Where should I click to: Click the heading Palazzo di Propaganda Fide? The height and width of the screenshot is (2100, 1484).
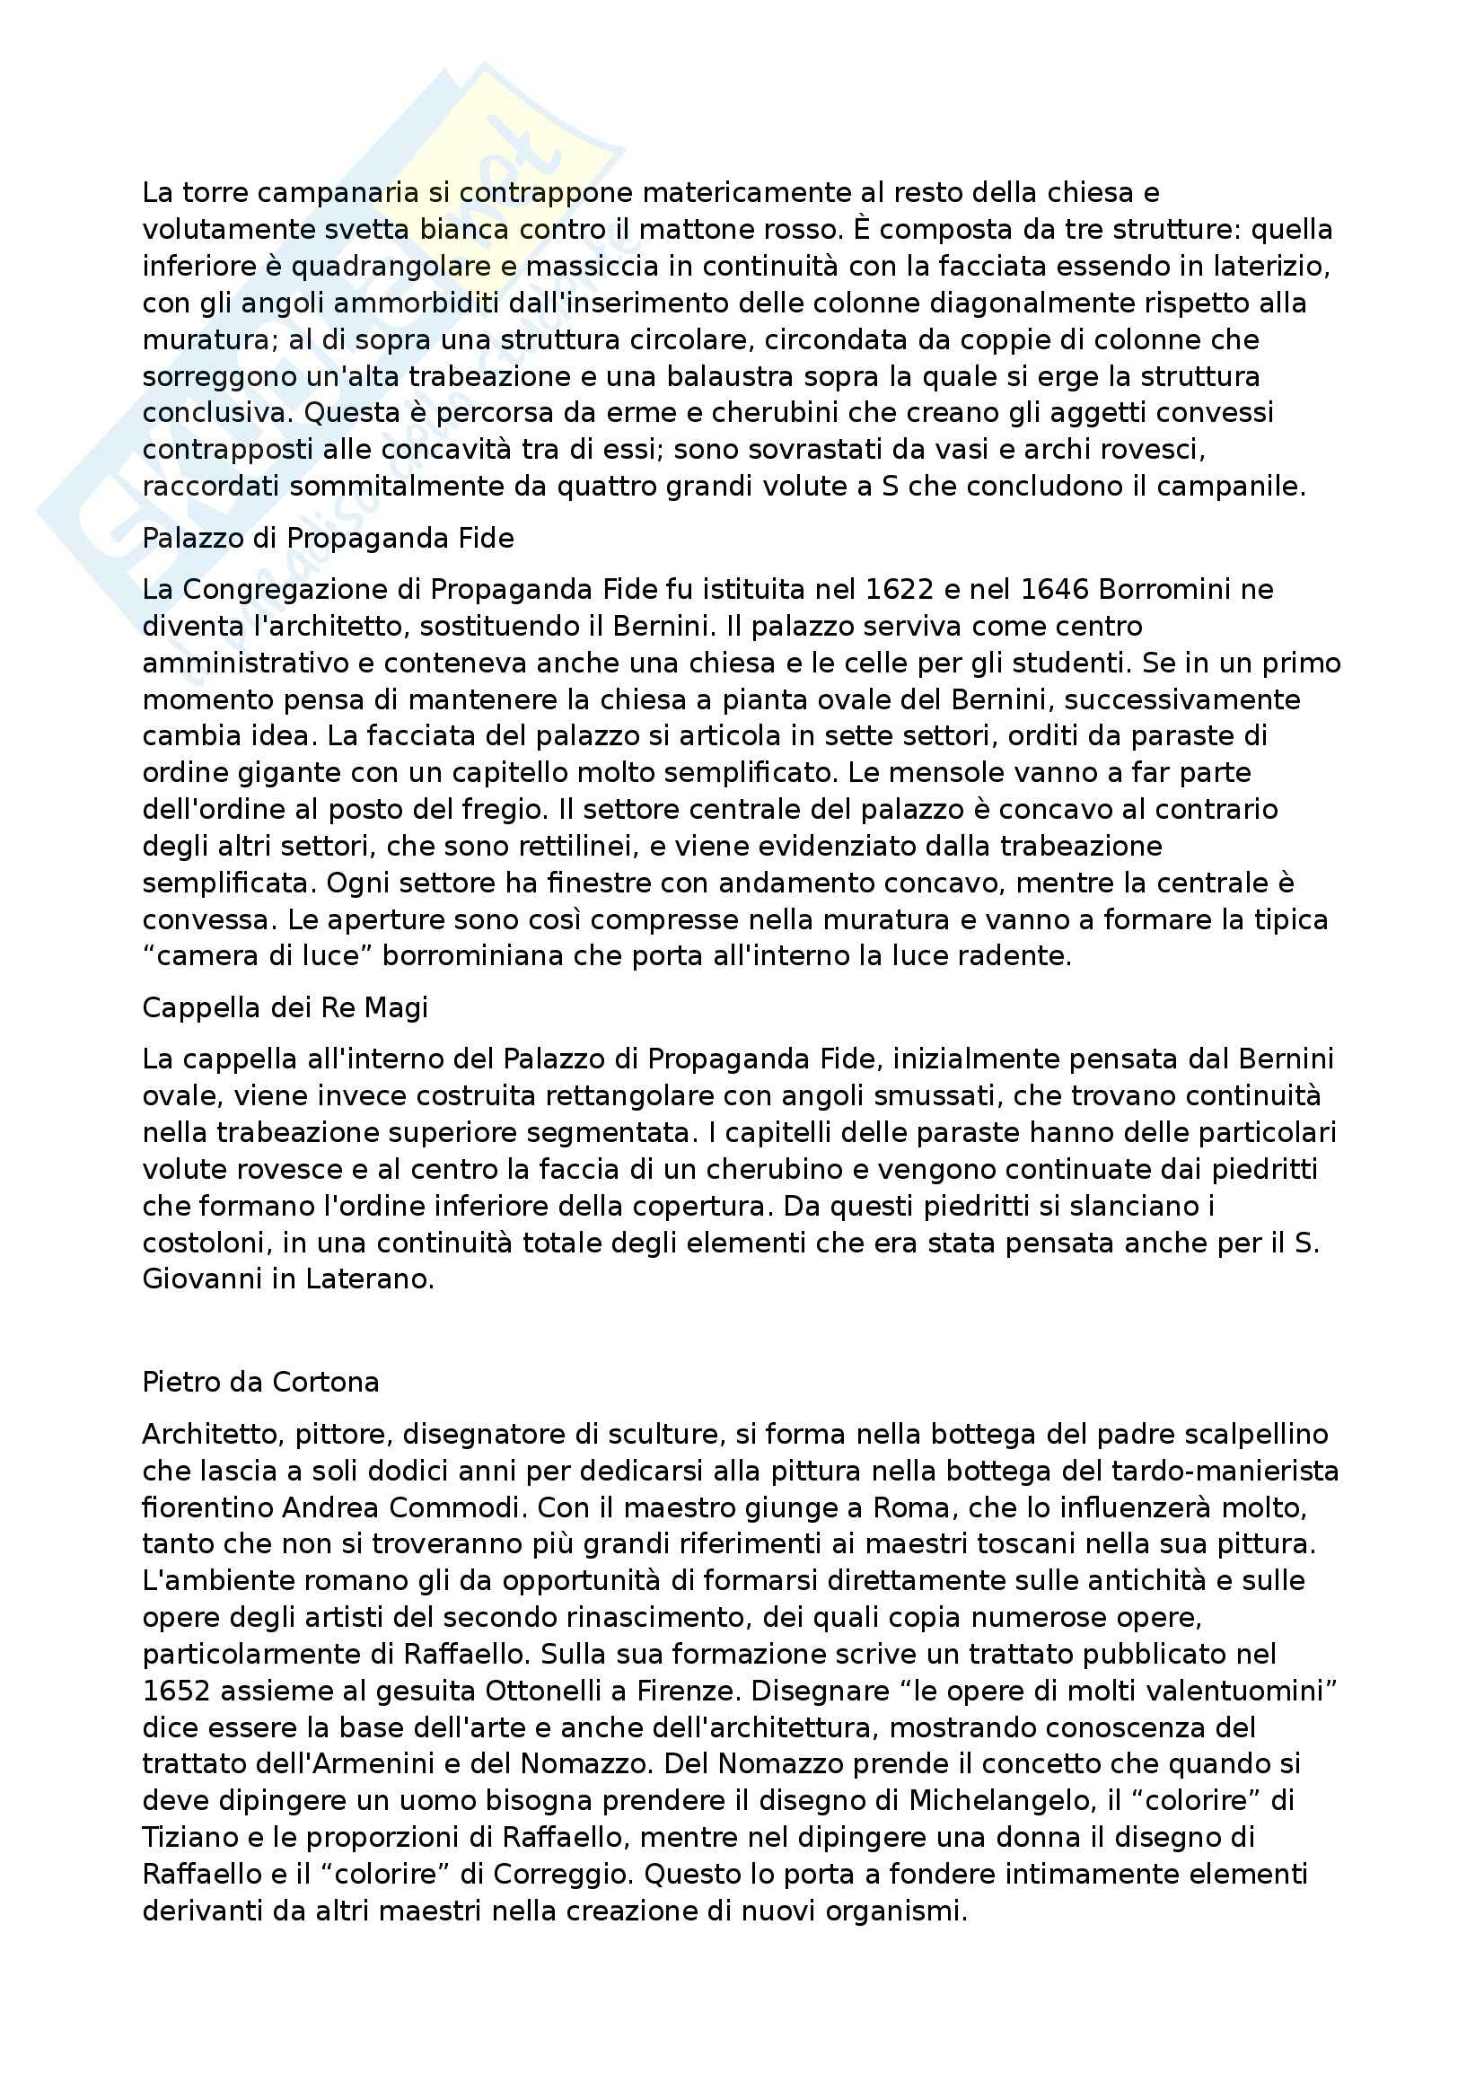click(x=329, y=539)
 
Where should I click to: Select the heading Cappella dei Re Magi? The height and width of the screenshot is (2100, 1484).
click(x=285, y=1008)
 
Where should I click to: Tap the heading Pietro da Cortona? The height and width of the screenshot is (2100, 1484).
click(x=260, y=1381)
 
